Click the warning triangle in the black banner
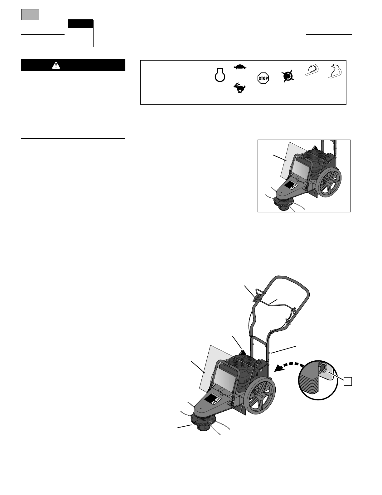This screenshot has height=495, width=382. point(56,65)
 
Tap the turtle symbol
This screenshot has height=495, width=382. point(240,67)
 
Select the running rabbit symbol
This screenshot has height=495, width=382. point(239,88)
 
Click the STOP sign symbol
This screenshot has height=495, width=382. point(263,78)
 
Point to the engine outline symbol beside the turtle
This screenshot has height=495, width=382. point(220,75)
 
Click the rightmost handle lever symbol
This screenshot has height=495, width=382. point(335,71)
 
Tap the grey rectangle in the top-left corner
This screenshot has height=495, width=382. point(30,15)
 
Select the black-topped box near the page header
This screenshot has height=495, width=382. point(81,33)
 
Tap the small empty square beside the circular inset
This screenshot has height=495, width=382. point(348,382)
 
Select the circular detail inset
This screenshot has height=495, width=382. point(318,380)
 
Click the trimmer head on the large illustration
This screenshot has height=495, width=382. point(202,424)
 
